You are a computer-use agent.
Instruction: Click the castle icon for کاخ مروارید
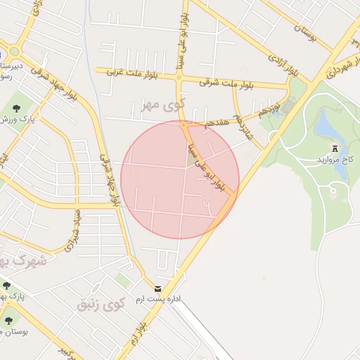tap(335, 148)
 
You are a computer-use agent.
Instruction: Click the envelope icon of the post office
tap(157, 288)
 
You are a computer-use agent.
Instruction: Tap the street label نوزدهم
tap(269, 109)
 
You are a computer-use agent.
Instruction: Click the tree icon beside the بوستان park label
tap(8, 321)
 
